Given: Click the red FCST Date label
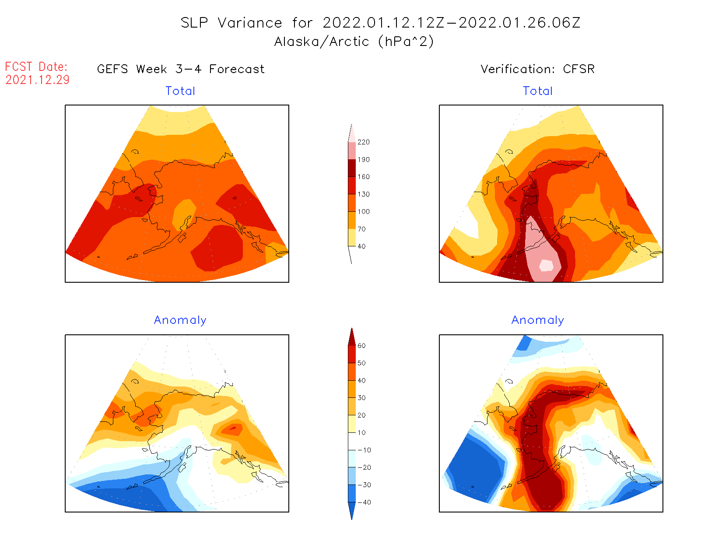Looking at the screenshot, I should (x=36, y=67).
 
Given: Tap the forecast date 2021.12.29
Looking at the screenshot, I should (x=38, y=80).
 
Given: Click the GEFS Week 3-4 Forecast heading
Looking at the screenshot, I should (x=181, y=69).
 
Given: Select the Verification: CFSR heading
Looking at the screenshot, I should (x=538, y=69).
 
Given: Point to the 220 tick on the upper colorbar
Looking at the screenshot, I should (x=363, y=142).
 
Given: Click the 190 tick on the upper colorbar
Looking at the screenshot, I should (x=363, y=160).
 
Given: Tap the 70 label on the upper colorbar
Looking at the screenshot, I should (x=361, y=229).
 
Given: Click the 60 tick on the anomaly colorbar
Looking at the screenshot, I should (x=361, y=346).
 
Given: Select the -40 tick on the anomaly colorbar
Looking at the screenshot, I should (x=364, y=502).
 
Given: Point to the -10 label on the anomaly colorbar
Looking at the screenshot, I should (x=364, y=450).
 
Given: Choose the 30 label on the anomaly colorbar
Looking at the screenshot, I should (x=361, y=398).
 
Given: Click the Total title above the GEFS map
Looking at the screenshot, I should (x=180, y=91).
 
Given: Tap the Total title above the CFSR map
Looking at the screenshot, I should (x=538, y=91).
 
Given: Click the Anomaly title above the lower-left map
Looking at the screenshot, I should (x=180, y=320).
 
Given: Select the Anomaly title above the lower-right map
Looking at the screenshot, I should (x=538, y=320).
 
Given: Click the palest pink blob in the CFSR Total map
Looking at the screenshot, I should (x=546, y=265).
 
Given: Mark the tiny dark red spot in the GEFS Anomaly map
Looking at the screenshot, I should (x=233, y=428).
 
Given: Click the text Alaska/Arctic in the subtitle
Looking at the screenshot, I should (x=322, y=42).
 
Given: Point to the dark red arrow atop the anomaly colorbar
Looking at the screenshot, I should (x=352, y=337).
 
